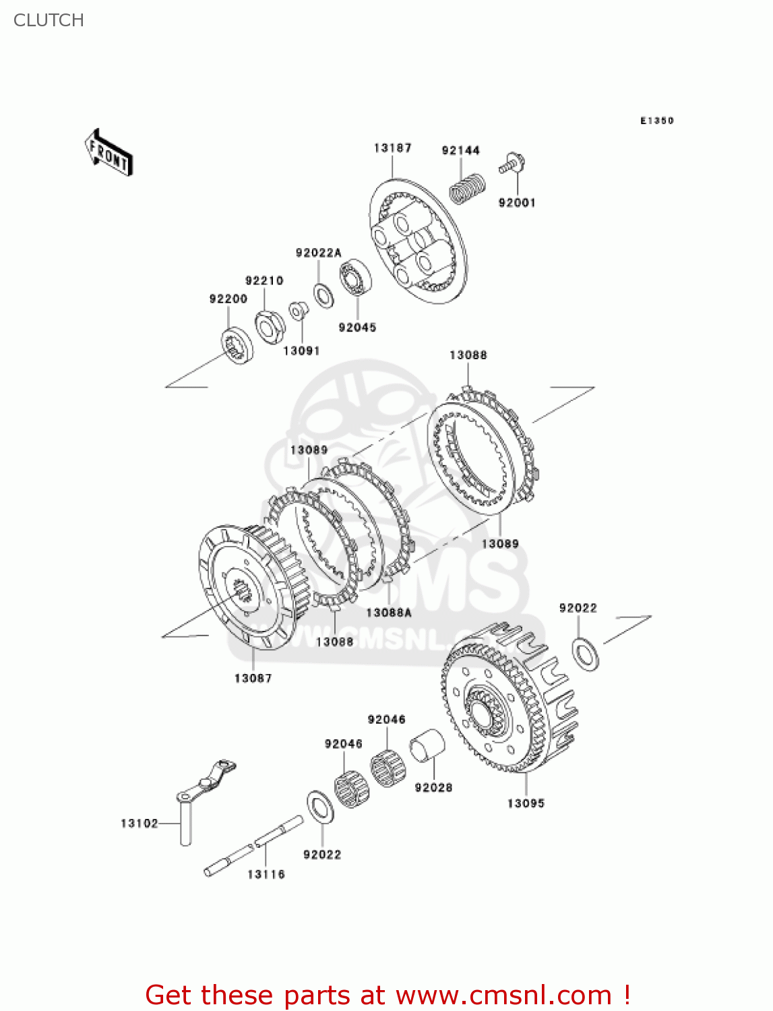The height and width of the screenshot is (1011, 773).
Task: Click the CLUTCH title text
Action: click(x=49, y=20)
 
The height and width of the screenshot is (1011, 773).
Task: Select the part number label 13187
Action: click(x=392, y=148)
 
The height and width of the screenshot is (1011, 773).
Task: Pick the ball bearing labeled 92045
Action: click(x=355, y=277)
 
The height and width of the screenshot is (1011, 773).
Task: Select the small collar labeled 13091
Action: click(x=298, y=311)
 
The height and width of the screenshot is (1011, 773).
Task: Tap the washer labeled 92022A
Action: click(x=323, y=295)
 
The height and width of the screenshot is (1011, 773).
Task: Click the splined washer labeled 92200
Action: click(x=237, y=344)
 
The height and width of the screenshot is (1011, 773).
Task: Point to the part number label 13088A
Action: click(x=388, y=613)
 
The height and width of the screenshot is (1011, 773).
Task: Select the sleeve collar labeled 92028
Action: click(x=427, y=746)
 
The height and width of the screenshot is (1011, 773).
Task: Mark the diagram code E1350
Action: click(x=656, y=121)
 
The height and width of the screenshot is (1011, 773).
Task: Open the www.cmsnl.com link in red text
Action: click(x=503, y=995)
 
